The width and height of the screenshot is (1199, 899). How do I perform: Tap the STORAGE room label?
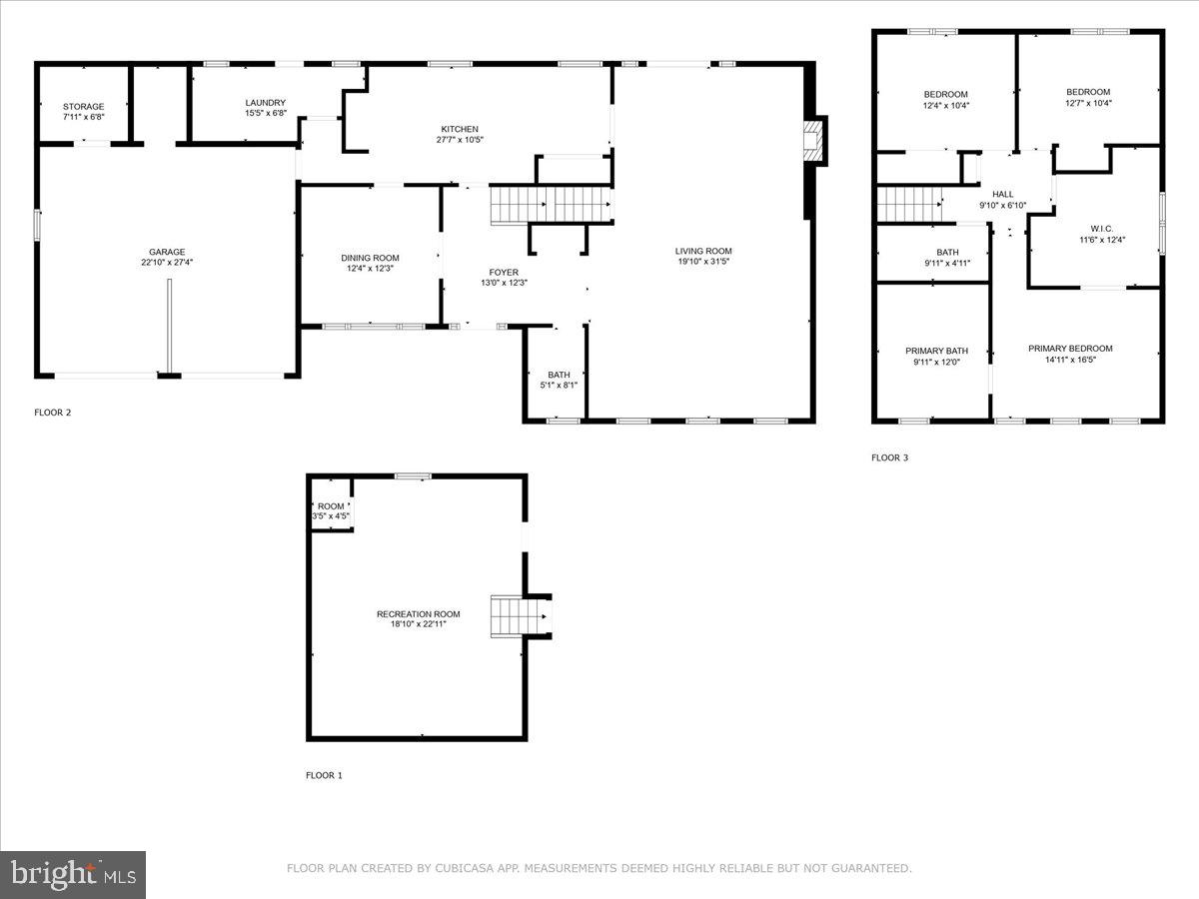[x=83, y=106]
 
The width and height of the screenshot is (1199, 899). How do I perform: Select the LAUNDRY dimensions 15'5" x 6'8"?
[x=266, y=113]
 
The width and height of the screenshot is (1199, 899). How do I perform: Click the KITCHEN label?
[x=460, y=129]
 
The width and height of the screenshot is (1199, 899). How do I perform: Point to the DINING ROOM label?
[x=370, y=258]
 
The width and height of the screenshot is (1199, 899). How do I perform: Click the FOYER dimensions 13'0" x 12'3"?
[x=504, y=283]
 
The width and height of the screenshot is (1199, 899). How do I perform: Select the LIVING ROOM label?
[x=703, y=251]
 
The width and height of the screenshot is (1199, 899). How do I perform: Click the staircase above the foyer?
[x=551, y=205]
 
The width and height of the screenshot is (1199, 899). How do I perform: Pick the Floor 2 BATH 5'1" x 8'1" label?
[x=559, y=375]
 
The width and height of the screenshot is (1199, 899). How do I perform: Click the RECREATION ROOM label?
[x=418, y=613]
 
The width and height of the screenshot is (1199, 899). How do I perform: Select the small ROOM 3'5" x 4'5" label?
[x=330, y=506]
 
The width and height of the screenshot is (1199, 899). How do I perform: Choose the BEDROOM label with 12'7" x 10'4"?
[x=1088, y=92]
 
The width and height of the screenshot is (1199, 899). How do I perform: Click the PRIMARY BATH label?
[x=936, y=351]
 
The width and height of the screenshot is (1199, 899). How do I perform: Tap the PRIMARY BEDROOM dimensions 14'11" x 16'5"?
[x=1070, y=360]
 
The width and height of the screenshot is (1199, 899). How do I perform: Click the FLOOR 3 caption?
[x=889, y=457]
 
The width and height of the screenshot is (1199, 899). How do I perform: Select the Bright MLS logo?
[x=73, y=874]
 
